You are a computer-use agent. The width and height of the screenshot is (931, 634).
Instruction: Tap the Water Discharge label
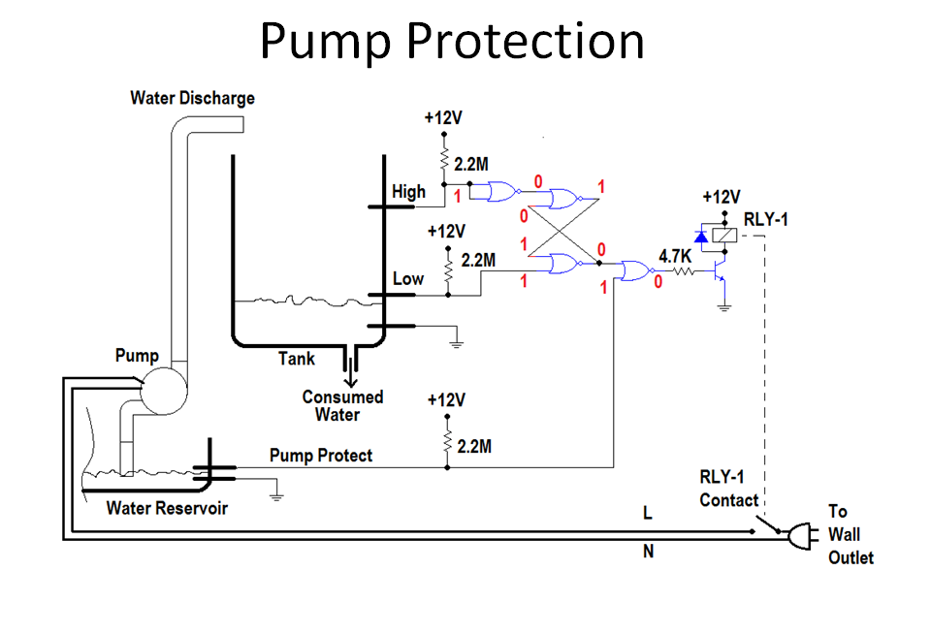pyautogui.click(x=192, y=98)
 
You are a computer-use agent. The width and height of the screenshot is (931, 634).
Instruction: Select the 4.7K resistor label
pyautogui.click(x=675, y=257)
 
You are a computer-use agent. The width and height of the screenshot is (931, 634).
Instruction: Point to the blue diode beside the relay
pyautogui.click(x=701, y=237)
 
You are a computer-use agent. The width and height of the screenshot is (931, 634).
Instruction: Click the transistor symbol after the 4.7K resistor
pyautogui.click(x=720, y=275)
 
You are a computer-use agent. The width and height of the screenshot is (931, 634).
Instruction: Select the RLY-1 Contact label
pyautogui.click(x=728, y=489)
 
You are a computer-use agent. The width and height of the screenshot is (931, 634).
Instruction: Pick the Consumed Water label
pyautogui.click(x=342, y=405)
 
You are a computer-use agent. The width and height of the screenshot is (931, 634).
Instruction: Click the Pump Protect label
pyautogui.click(x=320, y=455)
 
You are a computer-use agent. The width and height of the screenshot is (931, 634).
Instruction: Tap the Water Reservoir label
pyautogui.click(x=167, y=508)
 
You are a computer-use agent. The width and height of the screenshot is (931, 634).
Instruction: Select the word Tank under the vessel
pyautogui.click(x=297, y=359)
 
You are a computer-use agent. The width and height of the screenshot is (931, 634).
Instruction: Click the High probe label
pyautogui.click(x=408, y=191)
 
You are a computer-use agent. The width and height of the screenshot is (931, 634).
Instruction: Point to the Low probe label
pyautogui.click(x=407, y=278)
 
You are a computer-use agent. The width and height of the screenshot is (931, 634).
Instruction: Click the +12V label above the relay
pyautogui.click(x=721, y=196)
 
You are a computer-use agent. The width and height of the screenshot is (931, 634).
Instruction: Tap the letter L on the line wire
pyautogui.click(x=648, y=513)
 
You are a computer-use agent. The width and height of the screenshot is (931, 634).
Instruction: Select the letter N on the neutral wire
pyautogui.click(x=648, y=553)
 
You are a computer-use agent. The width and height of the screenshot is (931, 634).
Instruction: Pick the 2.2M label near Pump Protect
pyautogui.click(x=473, y=446)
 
